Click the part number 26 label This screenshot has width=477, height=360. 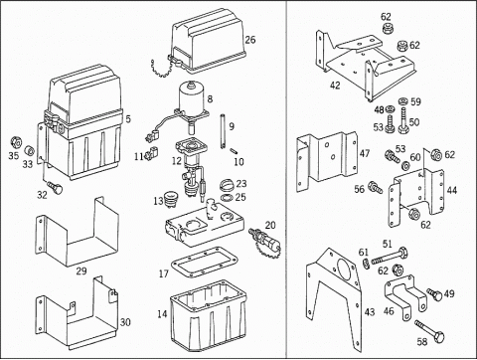[250, 40]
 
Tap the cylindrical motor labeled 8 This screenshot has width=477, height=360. [191, 97]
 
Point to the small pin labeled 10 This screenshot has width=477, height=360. [233, 151]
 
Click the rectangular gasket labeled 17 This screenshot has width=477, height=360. [204, 263]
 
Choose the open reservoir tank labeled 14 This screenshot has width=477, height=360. [209, 315]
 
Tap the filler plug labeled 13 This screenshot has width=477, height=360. [171, 199]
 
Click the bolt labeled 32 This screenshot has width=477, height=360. [55, 188]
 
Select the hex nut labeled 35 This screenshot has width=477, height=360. [15, 143]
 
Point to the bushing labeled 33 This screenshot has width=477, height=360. [30, 151]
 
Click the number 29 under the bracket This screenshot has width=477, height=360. [81, 271]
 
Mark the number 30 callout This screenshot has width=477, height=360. [125, 322]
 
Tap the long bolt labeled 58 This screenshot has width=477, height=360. [429, 332]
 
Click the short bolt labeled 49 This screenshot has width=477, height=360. [434, 293]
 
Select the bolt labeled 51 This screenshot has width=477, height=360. [390, 256]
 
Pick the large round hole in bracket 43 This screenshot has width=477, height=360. [346, 270]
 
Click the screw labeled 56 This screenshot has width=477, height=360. [376, 187]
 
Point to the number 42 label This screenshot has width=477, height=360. [335, 86]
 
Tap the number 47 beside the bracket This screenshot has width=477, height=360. [365, 153]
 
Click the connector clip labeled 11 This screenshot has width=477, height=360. [153, 151]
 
